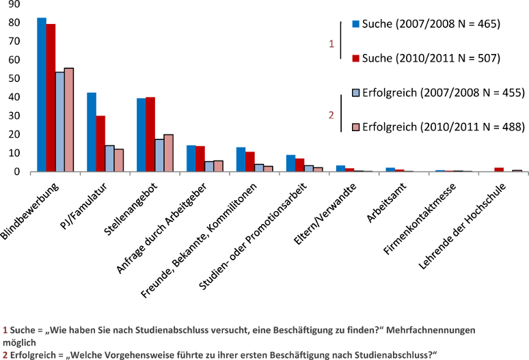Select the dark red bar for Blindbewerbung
[x=51, y=98]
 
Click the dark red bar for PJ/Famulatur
[x=100, y=143]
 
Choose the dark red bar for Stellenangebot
[x=150, y=134]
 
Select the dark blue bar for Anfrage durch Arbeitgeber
[x=191, y=158]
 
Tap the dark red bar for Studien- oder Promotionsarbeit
[x=299, y=165]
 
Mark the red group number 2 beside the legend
[x=331, y=115]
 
